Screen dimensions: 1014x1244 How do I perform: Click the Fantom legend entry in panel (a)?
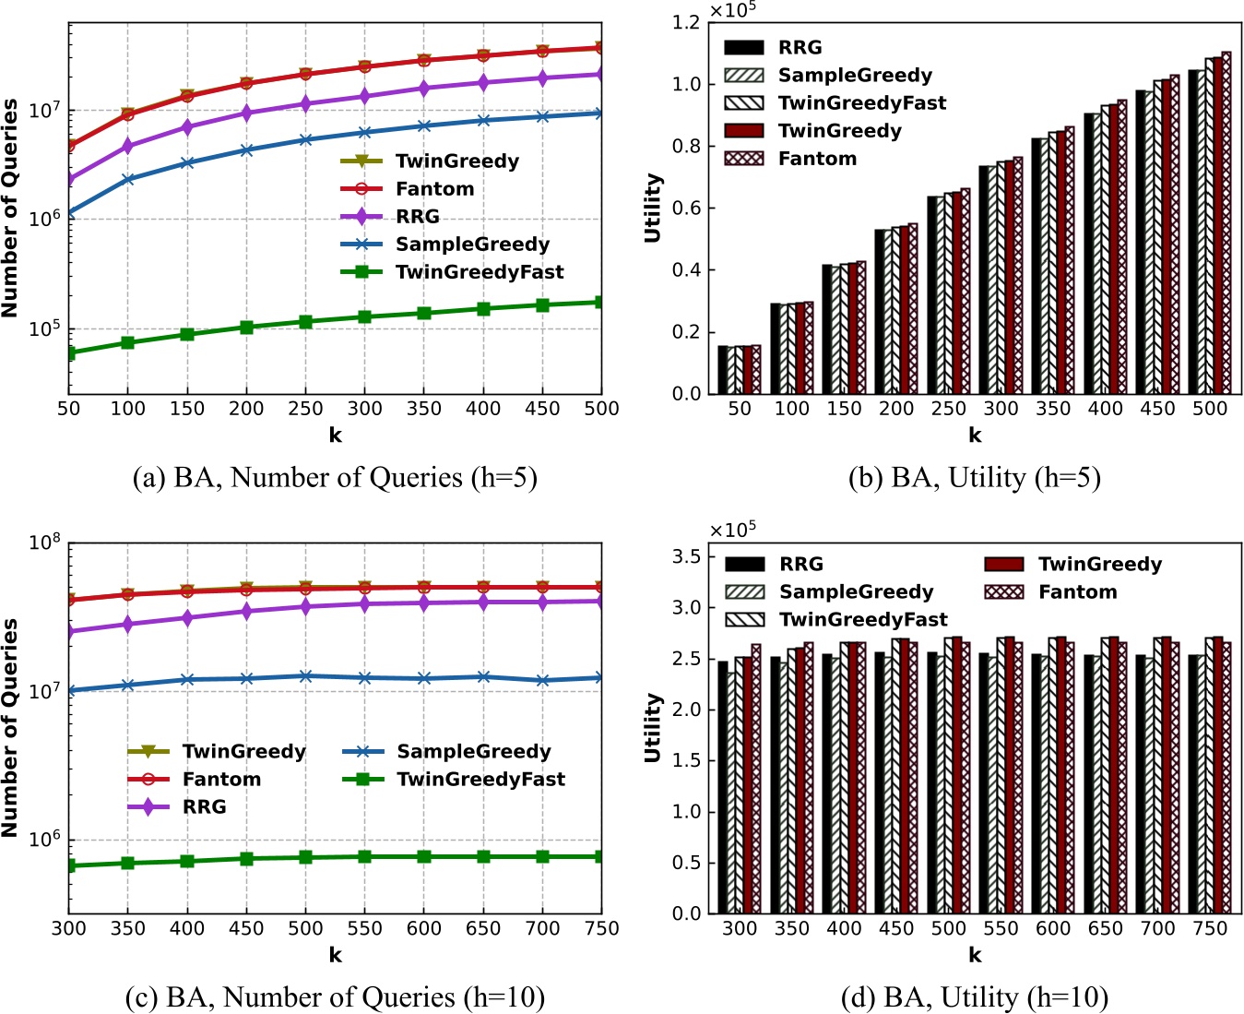tap(434, 189)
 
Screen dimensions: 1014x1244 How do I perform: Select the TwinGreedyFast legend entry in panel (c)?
tap(480, 780)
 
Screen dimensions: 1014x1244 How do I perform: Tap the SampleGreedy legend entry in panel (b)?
tap(854, 76)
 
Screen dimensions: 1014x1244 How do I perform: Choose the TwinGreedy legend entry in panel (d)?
tap(1099, 565)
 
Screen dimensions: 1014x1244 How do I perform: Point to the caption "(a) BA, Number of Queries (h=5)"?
tap(335, 478)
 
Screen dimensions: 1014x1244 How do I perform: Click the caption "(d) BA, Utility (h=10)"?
tap(975, 997)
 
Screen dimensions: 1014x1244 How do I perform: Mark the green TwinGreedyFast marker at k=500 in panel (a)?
tap(601, 303)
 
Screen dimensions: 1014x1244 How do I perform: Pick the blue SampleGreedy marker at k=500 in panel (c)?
tap(305, 676)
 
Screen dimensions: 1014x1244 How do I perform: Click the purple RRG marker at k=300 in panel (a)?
tap(364, 96)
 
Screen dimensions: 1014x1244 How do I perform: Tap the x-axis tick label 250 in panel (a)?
tap(305, 409)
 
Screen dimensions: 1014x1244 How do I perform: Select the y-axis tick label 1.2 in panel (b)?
tap(686, 22)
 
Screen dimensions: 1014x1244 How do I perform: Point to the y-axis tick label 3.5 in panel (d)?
tap(686, 556)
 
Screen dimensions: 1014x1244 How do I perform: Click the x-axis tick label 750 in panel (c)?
tap(601, 928)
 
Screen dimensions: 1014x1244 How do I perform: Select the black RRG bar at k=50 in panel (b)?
tap(723, 370)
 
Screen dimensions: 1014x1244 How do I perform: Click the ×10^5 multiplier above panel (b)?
tap(732, 10)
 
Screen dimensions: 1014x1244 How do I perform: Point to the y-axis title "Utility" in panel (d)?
tap(653, 728)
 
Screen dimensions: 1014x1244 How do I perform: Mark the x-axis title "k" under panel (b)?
tap(975, 435)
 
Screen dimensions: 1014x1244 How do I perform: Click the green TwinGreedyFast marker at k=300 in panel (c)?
tap(70, 865)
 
